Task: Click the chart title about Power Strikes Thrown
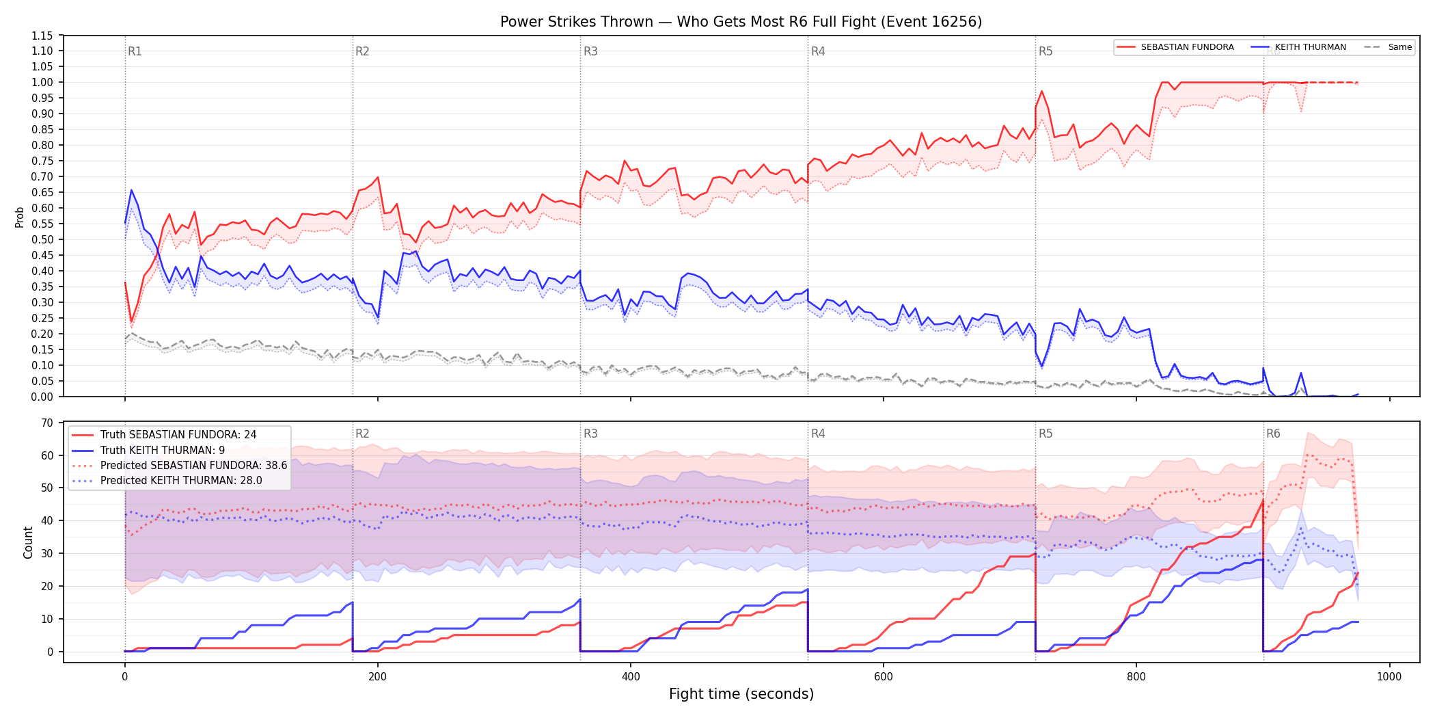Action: point(741,22)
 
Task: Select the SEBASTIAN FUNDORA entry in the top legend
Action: point(1175,47)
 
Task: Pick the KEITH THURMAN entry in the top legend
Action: point(1298,47)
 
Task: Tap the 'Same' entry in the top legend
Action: point(1388,47)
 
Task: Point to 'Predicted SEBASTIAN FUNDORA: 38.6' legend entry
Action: point(180,466)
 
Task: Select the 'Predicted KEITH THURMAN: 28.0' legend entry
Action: point(167,481)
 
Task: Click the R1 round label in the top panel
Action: point(135,51)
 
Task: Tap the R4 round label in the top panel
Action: point(818,51)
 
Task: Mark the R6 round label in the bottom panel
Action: point(1273,434)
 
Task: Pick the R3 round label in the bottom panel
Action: point(590,434)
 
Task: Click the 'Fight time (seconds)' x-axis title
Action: point(741,694)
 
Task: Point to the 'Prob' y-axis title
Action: point(19,217)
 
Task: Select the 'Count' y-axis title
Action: point(28,542)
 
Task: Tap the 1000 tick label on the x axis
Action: point(1389,677)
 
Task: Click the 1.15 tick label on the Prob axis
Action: point(42,36)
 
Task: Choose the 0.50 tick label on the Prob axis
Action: point(42,239)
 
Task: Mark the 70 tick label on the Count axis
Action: point(46,423)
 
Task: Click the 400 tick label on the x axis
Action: point(631,677)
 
